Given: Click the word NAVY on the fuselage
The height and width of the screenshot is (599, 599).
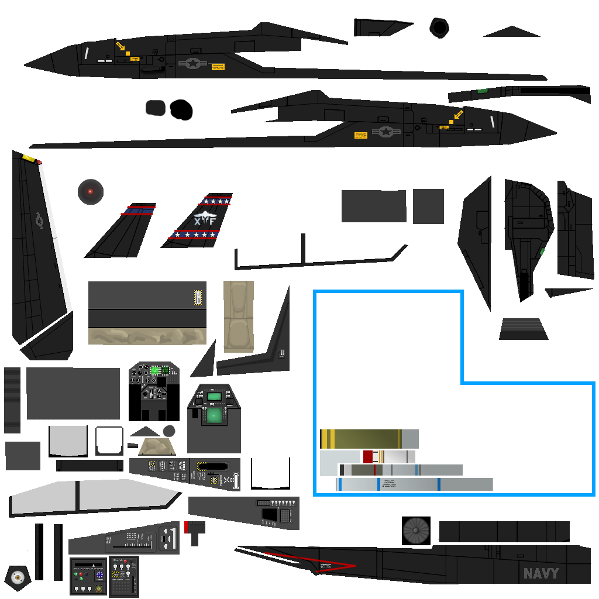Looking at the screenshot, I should [x=541, y=574].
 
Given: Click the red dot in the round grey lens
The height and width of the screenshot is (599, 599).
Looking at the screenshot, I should [x=90, y=191].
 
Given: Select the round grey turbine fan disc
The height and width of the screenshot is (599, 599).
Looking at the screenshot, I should [x=416, y=531].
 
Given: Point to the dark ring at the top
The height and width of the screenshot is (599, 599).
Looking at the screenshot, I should [x=439, y=27].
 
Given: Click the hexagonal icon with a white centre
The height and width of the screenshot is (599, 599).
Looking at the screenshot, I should [x=18, y=578].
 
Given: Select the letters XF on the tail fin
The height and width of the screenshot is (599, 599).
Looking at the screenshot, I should [x=205, y=221].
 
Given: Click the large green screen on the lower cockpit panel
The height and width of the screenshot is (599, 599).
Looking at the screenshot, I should [x=215, y=415].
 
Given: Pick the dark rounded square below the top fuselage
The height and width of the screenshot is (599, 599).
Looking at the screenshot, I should [x=156, y=108].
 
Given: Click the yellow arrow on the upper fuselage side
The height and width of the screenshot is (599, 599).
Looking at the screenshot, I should [x=121, y=46].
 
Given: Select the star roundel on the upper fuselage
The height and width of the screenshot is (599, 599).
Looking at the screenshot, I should [x=192, y=63].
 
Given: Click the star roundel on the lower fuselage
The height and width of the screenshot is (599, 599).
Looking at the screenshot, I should [x=385, y=132].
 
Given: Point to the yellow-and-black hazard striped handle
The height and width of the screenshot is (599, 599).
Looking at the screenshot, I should [x=198, y=298].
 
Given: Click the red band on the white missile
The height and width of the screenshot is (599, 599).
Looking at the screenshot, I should [x=368, y=456].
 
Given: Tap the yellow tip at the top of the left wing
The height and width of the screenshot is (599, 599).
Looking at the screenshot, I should [x=28, y=157].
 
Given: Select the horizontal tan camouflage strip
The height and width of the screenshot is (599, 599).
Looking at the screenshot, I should [x=147, y=336].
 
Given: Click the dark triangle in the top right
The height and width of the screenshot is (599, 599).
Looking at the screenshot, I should [x=511, y=32].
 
